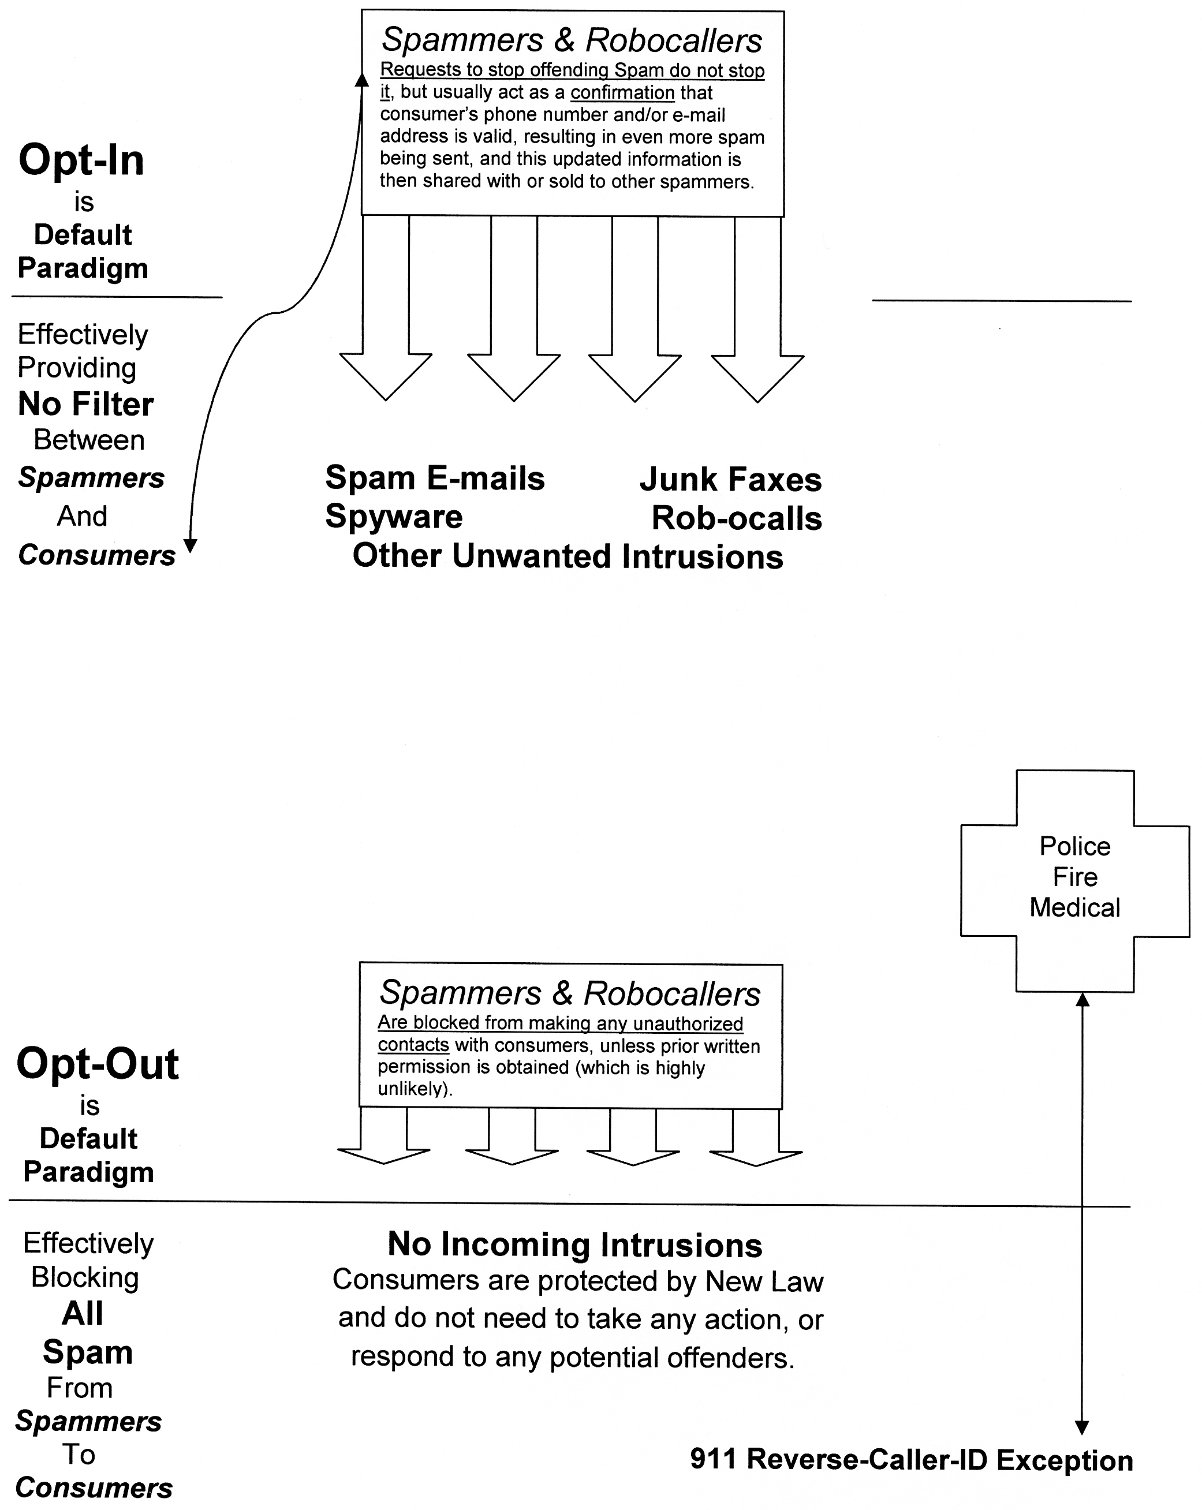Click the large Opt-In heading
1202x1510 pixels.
pyautogui.click(x=81, y=160)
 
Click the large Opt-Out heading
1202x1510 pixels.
pyautogui.click(x=98, y=1064)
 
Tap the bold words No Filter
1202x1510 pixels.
pyautogui.click(x=85, y=404)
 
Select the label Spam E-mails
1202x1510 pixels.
pyautogui.click(x=434, y=479)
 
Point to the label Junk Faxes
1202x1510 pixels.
pyautogui.click(x=730, y=480)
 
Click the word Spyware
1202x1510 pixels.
pyautogui.click(x=394, y=517)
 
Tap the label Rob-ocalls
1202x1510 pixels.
pyautogui.click(x=736, y=518)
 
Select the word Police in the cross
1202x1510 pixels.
pyautogui.click(x=1074, y=846)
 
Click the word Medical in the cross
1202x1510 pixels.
pyautogui.click(x=1074, y=908)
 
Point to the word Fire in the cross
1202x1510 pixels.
pyautogui.click(x=1074, y=877)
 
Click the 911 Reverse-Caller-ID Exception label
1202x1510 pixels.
pyautogui.click(x=910, y=1460)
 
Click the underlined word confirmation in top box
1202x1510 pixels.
pyautogui.click(x=622, y=92)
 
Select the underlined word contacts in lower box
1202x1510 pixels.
pyautogui.click(x=413, y=1045)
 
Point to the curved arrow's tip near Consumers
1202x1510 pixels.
pyautogui.click(x=190, y=546)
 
